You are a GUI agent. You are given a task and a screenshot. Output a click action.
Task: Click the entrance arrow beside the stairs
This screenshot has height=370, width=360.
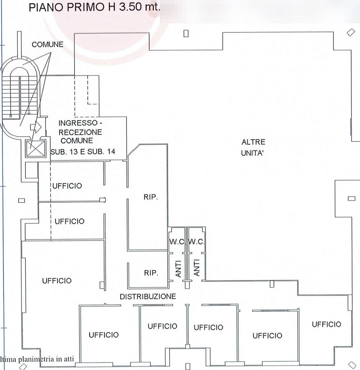coord(36,127)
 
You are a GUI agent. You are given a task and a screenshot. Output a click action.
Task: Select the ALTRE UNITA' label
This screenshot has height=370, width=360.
coord(253,147)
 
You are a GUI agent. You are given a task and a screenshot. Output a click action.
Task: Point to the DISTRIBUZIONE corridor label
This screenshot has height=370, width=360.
coord(148,296)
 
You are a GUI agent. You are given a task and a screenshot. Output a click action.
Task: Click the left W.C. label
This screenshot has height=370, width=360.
coord(177,242)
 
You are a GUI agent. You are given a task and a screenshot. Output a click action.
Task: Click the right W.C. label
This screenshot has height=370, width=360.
coord(197,242)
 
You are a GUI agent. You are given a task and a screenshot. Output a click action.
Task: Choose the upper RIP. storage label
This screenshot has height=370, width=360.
coord(151,197)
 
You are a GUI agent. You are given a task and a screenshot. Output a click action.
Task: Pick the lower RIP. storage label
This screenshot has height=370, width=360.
coord(151,273)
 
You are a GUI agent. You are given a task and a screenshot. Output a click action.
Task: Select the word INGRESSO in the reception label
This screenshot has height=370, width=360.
coord(78,123)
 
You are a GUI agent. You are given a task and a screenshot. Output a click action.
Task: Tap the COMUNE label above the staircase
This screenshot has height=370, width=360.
coord(47,45)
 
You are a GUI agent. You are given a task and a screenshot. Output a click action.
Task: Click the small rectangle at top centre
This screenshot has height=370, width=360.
coord(186,34)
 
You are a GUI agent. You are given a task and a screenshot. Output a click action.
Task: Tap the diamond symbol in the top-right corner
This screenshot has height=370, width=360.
coord(351,32)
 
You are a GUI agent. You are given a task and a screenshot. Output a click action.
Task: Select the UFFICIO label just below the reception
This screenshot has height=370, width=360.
coord(67,186)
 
